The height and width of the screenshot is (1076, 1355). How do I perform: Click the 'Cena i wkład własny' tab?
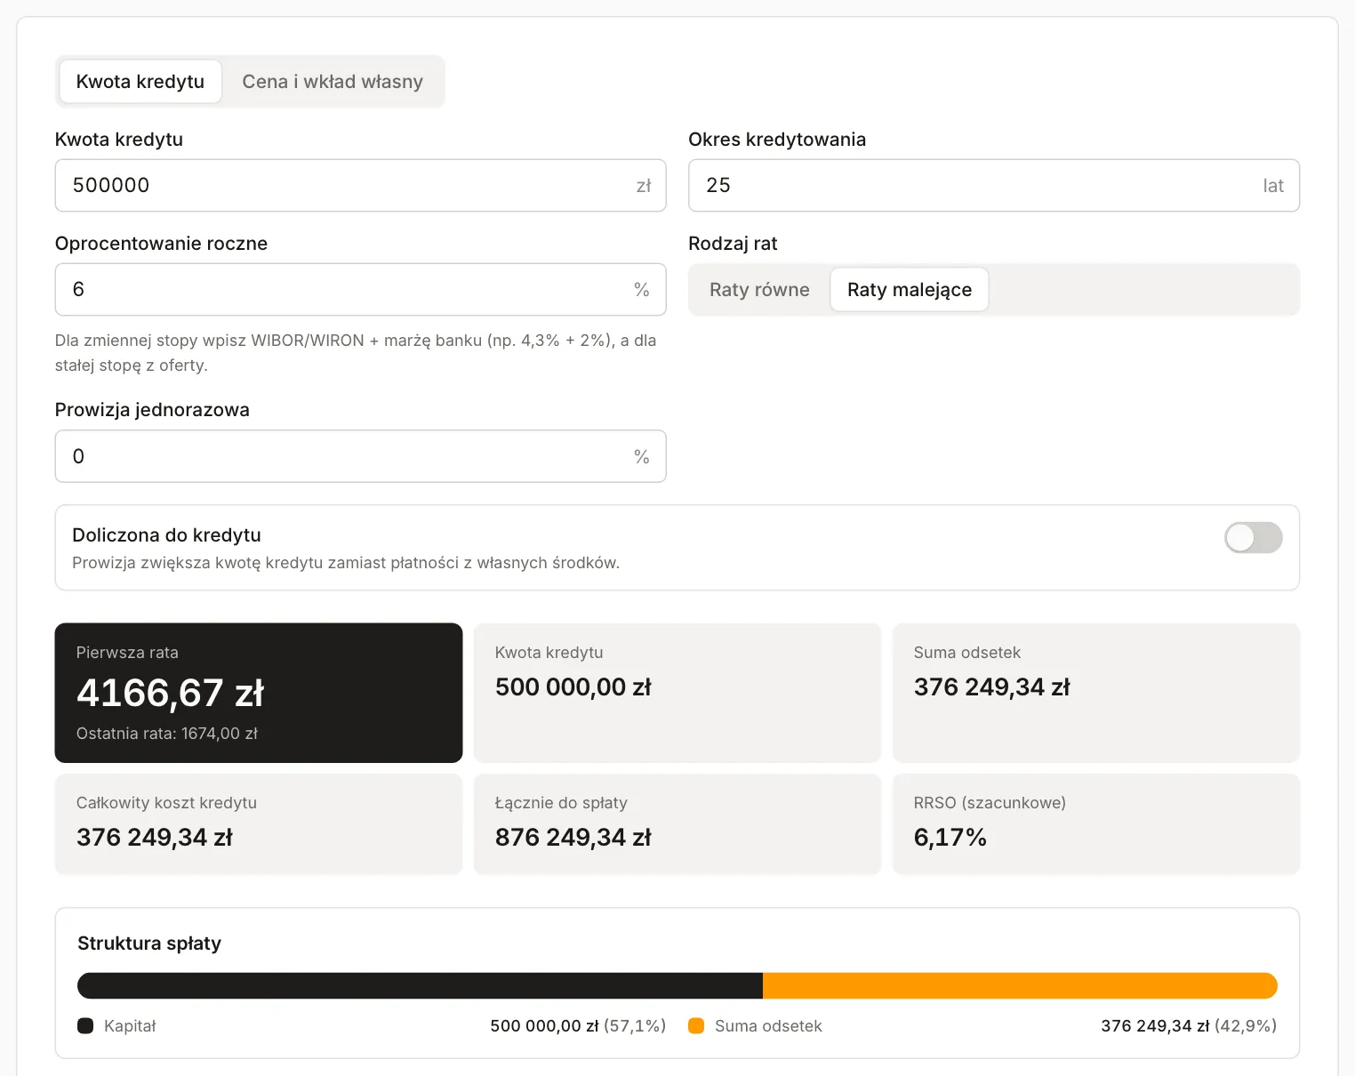click(333, 81)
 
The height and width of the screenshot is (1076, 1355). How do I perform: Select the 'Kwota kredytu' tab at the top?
click(140, 81)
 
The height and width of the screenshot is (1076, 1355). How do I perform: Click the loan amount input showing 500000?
click(360, 185)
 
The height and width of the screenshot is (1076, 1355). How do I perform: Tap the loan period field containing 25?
click(994, 185)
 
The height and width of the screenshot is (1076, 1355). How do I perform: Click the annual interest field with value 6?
click(360, 289)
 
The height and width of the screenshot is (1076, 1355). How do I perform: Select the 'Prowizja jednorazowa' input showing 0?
click(360, 456)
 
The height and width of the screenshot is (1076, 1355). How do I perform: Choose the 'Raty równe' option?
click(759, 289)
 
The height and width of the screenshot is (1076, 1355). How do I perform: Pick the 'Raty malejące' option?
click(910, 289)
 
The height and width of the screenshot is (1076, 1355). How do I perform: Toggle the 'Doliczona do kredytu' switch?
click(1253, 537)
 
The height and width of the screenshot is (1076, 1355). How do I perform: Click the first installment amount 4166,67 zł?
click(170, 693)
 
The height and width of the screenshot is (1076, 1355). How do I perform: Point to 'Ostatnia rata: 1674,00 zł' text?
click(167, 734)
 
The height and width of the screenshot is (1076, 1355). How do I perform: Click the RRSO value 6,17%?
click(950, 838)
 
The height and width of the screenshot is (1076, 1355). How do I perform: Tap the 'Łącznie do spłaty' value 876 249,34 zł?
click(573, 838)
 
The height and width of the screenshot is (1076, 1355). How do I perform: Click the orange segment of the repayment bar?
click(1020, 985)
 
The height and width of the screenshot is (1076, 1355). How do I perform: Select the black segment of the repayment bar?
click(420, 985)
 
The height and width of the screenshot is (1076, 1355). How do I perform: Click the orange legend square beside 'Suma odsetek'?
click(696, 1025)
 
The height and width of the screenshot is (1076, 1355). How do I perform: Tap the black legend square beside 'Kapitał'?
click(85, 1025)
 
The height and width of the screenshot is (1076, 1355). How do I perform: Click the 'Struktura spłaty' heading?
click(149, 944)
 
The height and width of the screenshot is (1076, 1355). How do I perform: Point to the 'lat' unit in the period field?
click(1273, 185)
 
